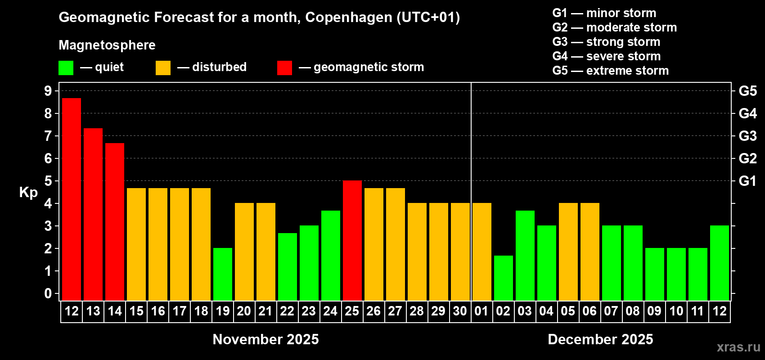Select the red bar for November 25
click(352, 240)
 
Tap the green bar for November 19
click(223, 274)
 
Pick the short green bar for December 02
click(504, 278)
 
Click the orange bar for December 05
click(568, 252)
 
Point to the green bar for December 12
click(720, 263)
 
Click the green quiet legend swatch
click(66, 68)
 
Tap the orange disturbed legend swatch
click(163, 68)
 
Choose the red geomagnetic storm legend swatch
click(284, 68)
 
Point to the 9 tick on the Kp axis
click(48, 91)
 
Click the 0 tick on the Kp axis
click(48, 294)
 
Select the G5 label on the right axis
click(747, 91)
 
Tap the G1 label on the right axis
click(747, 181)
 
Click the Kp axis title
click(28, 192)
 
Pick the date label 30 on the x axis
click(460, 311)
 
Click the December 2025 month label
click(600, 339)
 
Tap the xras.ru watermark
click(738, 346)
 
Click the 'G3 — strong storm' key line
click(606, 42)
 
